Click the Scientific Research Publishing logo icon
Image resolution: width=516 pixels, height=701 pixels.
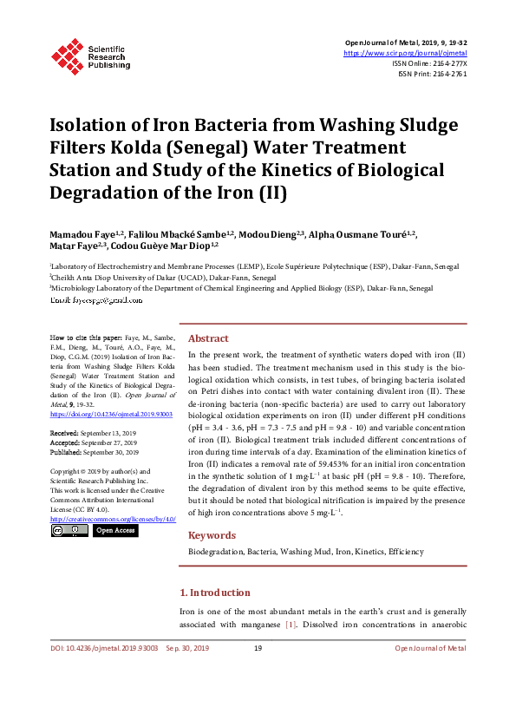(x=67, y=54)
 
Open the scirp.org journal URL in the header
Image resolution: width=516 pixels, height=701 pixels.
(x=405, y=53)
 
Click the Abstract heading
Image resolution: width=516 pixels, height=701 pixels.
(x=208, y=339)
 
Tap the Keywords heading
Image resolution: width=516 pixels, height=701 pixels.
(x=212, y=535)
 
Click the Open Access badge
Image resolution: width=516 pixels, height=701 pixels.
(x=114, y=529)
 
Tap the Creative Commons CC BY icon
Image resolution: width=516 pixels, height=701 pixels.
(x=69, y=529)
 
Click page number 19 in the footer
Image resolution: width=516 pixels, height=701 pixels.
(x=258, y=648)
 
